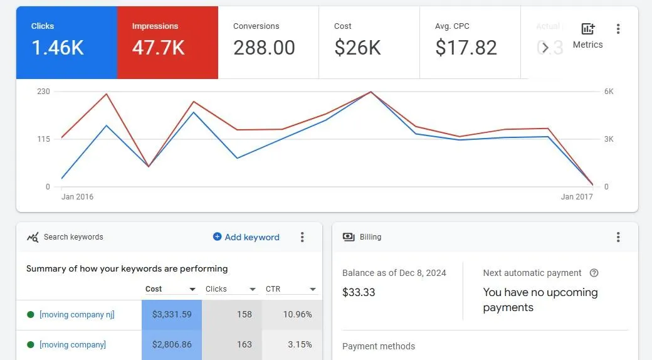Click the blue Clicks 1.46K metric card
pyautogui.click(x=66, y=43)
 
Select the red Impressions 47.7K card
pyautogui.click(x=167, y=43)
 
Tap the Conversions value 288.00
pyautogui.click(x=264, y=48)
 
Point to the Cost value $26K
pyautogui.click(x=357, y=48)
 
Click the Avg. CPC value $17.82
pyautogui.click(x=466, y=48)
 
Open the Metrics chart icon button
pyautogui.click(x=587, y=29)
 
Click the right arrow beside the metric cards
pyautogui.click(x=545, y=48)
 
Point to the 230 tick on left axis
pyautogui.click(x=43, y=92)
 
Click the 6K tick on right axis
pyautogui.click(x=609, y=92)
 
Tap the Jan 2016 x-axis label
pyautogui.click(x=77, y=197)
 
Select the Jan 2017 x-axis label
pyautogui.click(x=577, y=197)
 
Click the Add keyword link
pyautogui.click(x=246, y=237)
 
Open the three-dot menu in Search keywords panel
pyautogui.click(x=302, y=237)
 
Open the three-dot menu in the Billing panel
pyautogui.click(x=618, y=237)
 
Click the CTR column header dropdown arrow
pyautogui.click(x=312, y=290)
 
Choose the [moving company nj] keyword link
pyautogui.click(x=76, y=314)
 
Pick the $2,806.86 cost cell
pyautogui.click(x=171, y=344)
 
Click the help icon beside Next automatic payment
pyautogui.click(x=594, y=273)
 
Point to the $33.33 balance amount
pyautogui.click(x=359, y=292)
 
